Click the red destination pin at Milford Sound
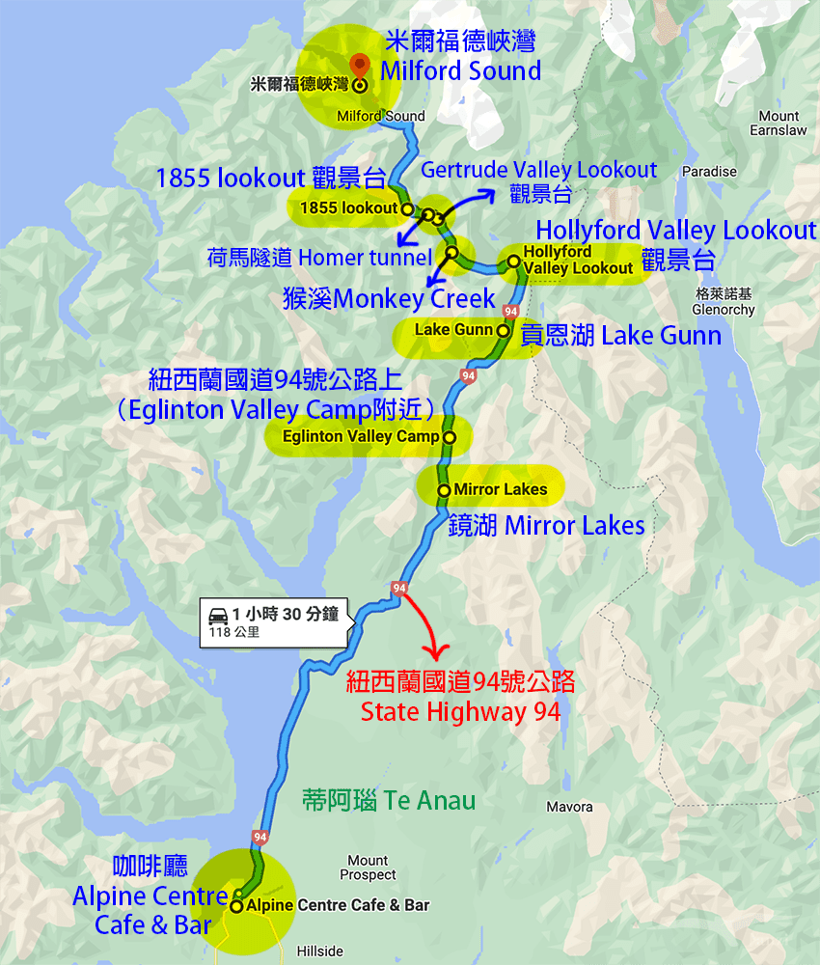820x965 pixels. coord(360,64)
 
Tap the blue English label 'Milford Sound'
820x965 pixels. coord(460,70)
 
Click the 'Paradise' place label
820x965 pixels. coord(709,172)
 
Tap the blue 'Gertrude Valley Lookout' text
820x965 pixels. coord(538,171)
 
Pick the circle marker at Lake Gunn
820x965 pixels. coord(503,330)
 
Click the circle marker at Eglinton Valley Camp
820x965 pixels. coord(449,436)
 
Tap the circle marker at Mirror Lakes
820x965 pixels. coord(444,490)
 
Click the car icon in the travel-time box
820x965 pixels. coord(217,614)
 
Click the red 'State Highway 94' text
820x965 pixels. coord(460,712)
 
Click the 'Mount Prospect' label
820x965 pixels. coord(368,868)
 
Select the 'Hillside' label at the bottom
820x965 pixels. coord(319,951)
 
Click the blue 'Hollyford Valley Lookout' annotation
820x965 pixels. coord(675,231)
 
